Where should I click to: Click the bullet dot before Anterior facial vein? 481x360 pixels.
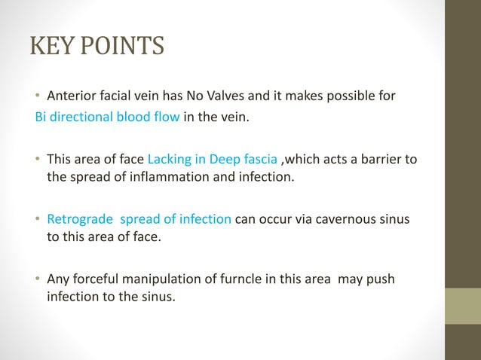tap(38, 96)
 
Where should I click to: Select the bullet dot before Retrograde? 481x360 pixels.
tap(38, 220)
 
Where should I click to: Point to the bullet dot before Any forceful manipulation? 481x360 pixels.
tap(38, 280)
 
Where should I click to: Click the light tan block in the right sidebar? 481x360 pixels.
tap(461, 307)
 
